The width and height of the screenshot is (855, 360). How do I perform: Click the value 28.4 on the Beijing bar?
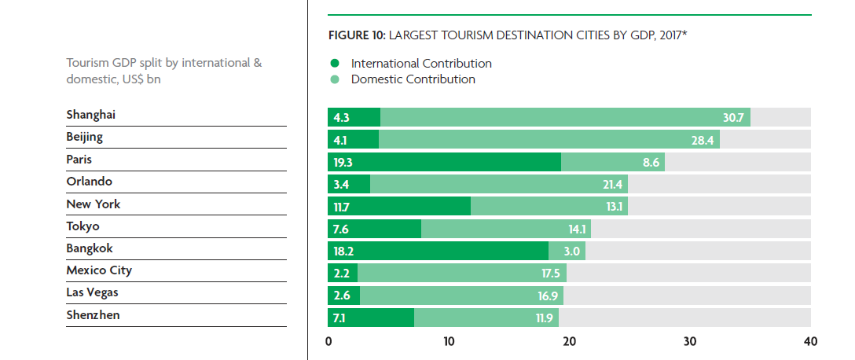click(703, 140)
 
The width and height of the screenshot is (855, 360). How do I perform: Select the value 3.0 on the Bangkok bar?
click(571, 252)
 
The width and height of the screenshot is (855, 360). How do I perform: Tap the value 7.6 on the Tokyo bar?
click(342, 230)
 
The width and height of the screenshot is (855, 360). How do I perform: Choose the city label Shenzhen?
click(93, 315)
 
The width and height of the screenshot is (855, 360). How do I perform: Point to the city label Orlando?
click(90, 182)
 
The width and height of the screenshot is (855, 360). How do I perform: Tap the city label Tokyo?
click(83, 226)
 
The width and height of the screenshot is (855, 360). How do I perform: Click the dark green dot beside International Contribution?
click(334, 64)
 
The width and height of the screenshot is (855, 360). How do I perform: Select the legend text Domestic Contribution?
click(413, 79)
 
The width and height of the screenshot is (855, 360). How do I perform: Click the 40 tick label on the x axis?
click(810, 342)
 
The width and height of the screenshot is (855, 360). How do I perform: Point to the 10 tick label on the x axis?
click(449, 342)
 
